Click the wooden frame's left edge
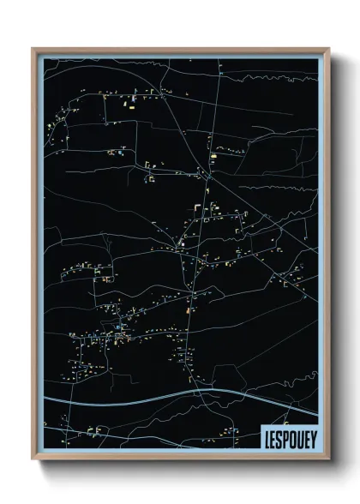tap(33, 257)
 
